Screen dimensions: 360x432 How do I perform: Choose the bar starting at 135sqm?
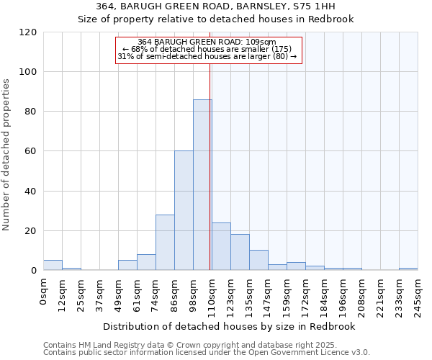pyautogui.click(x=258, y=261)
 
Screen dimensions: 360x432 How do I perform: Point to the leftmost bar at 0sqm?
pyautogui.click(x=53, y=266)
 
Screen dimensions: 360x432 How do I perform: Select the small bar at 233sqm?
pyautogui.click(x=408, y=269)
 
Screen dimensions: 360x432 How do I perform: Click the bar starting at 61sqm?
pyautogui.click(x=146, y=263)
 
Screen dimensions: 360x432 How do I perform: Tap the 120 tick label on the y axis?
pyautogui.click(x=28, y=32)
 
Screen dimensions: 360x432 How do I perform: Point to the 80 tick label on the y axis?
pyautogui.click(x=31, y=112)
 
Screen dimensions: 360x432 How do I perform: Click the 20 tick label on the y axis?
pyautogui.click(x=31, y=231)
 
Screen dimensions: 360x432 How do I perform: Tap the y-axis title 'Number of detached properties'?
pyautogui.click(x=7, y=156)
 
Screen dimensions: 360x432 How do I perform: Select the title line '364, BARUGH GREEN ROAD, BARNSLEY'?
pyautogui.click(x=216, y=6)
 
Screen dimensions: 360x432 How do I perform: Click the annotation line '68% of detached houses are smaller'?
pyautogui.click(x=208, y=49)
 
